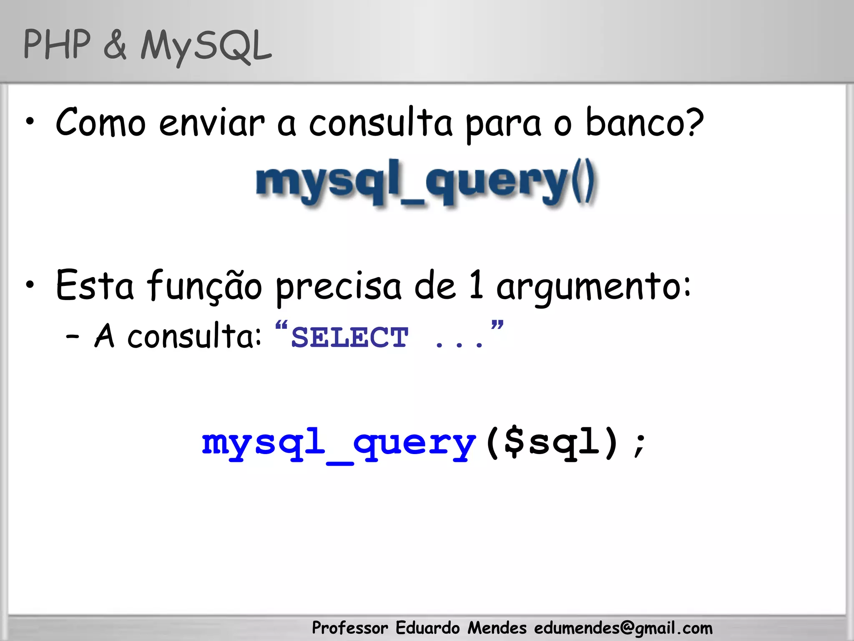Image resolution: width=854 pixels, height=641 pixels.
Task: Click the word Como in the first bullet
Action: click(100, 123)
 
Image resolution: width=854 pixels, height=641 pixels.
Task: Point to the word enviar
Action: click(212, 123)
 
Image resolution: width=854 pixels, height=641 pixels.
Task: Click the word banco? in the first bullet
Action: click(645, 123)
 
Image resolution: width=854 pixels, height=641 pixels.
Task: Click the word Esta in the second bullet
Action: click(95, 285)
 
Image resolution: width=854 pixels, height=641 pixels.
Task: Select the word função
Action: click(205, 286)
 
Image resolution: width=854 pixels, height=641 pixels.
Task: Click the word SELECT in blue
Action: click(349, 337)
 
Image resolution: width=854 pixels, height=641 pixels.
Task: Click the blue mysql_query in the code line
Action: click(339, 444)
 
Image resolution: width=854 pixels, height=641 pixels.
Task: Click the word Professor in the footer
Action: click(350, 628)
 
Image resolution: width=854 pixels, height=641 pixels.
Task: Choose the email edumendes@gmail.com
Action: click(623, 628)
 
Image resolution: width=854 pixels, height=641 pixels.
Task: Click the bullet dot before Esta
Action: click(30, 285)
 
